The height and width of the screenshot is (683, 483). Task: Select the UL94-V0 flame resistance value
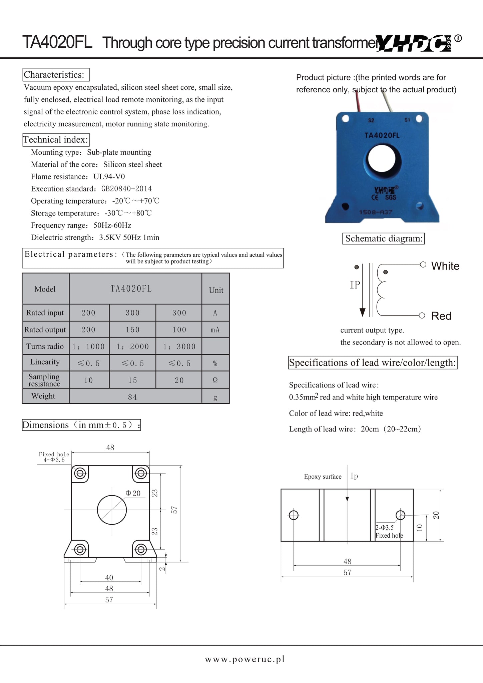point(109,177)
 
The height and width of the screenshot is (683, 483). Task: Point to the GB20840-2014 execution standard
point(126,189)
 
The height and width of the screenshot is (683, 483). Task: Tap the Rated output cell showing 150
point(132,330)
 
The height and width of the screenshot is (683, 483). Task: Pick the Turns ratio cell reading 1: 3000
point(179,347)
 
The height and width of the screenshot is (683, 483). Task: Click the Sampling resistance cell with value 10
point(88,380)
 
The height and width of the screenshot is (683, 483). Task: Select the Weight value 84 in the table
point(132,397)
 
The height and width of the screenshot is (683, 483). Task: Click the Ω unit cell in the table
point(215,380)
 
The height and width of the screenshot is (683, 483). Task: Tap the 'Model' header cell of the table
point(45,289)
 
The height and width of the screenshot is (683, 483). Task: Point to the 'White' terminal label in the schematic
point(445,266)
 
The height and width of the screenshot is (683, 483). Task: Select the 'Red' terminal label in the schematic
point(441,316)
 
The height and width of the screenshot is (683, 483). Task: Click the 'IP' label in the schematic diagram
point(355,285)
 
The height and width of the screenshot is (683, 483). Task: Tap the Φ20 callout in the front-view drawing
point(133,493)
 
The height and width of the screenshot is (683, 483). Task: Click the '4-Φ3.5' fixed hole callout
point(54,460)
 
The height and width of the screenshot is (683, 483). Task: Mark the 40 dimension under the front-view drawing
point(109,578)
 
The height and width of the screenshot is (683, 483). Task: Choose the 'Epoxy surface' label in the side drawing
point(323,477)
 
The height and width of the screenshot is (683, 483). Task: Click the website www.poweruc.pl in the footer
point(245,659)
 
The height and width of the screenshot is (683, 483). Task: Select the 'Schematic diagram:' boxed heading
point(384,239)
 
